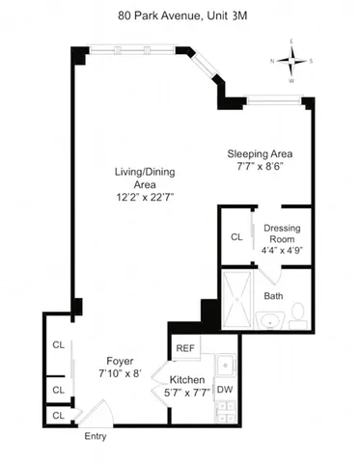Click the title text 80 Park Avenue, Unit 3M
coord(180,15)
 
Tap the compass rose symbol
coord(291,60)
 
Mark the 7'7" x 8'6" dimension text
coord(260,166)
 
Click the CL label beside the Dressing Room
coord(235,237)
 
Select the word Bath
coord(273,296)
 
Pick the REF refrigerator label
coord(185,348)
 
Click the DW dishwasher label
coord(223,389)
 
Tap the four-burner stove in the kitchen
coord(224,412)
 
